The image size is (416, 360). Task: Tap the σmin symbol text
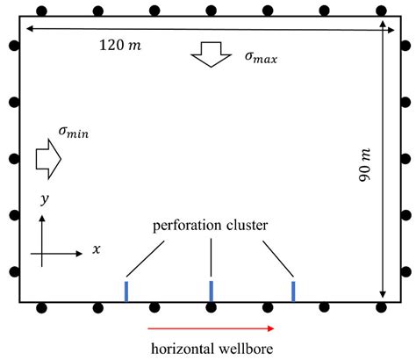(74, 133)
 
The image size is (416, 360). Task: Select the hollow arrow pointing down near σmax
(209, 55)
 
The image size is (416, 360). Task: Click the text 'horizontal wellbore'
(212, 348)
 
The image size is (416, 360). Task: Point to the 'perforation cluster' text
(211, 226)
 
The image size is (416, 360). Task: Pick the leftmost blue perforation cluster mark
(126, 290)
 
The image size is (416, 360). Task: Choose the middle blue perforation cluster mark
(211, 290)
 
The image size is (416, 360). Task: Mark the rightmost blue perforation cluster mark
(293, 290)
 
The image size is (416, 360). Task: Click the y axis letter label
(44, 201)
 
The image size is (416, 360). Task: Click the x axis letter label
(96, 249)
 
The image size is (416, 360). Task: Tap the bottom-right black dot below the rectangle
(381, 307)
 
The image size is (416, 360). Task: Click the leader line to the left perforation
(145, 256)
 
